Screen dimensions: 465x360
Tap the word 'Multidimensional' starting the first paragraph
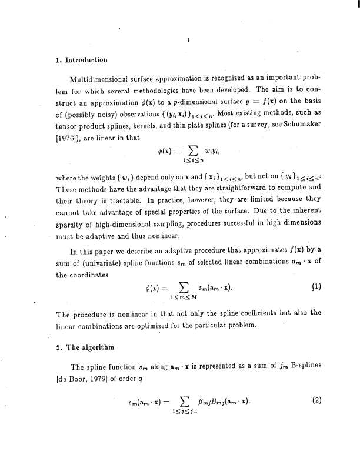coord(99,78)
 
